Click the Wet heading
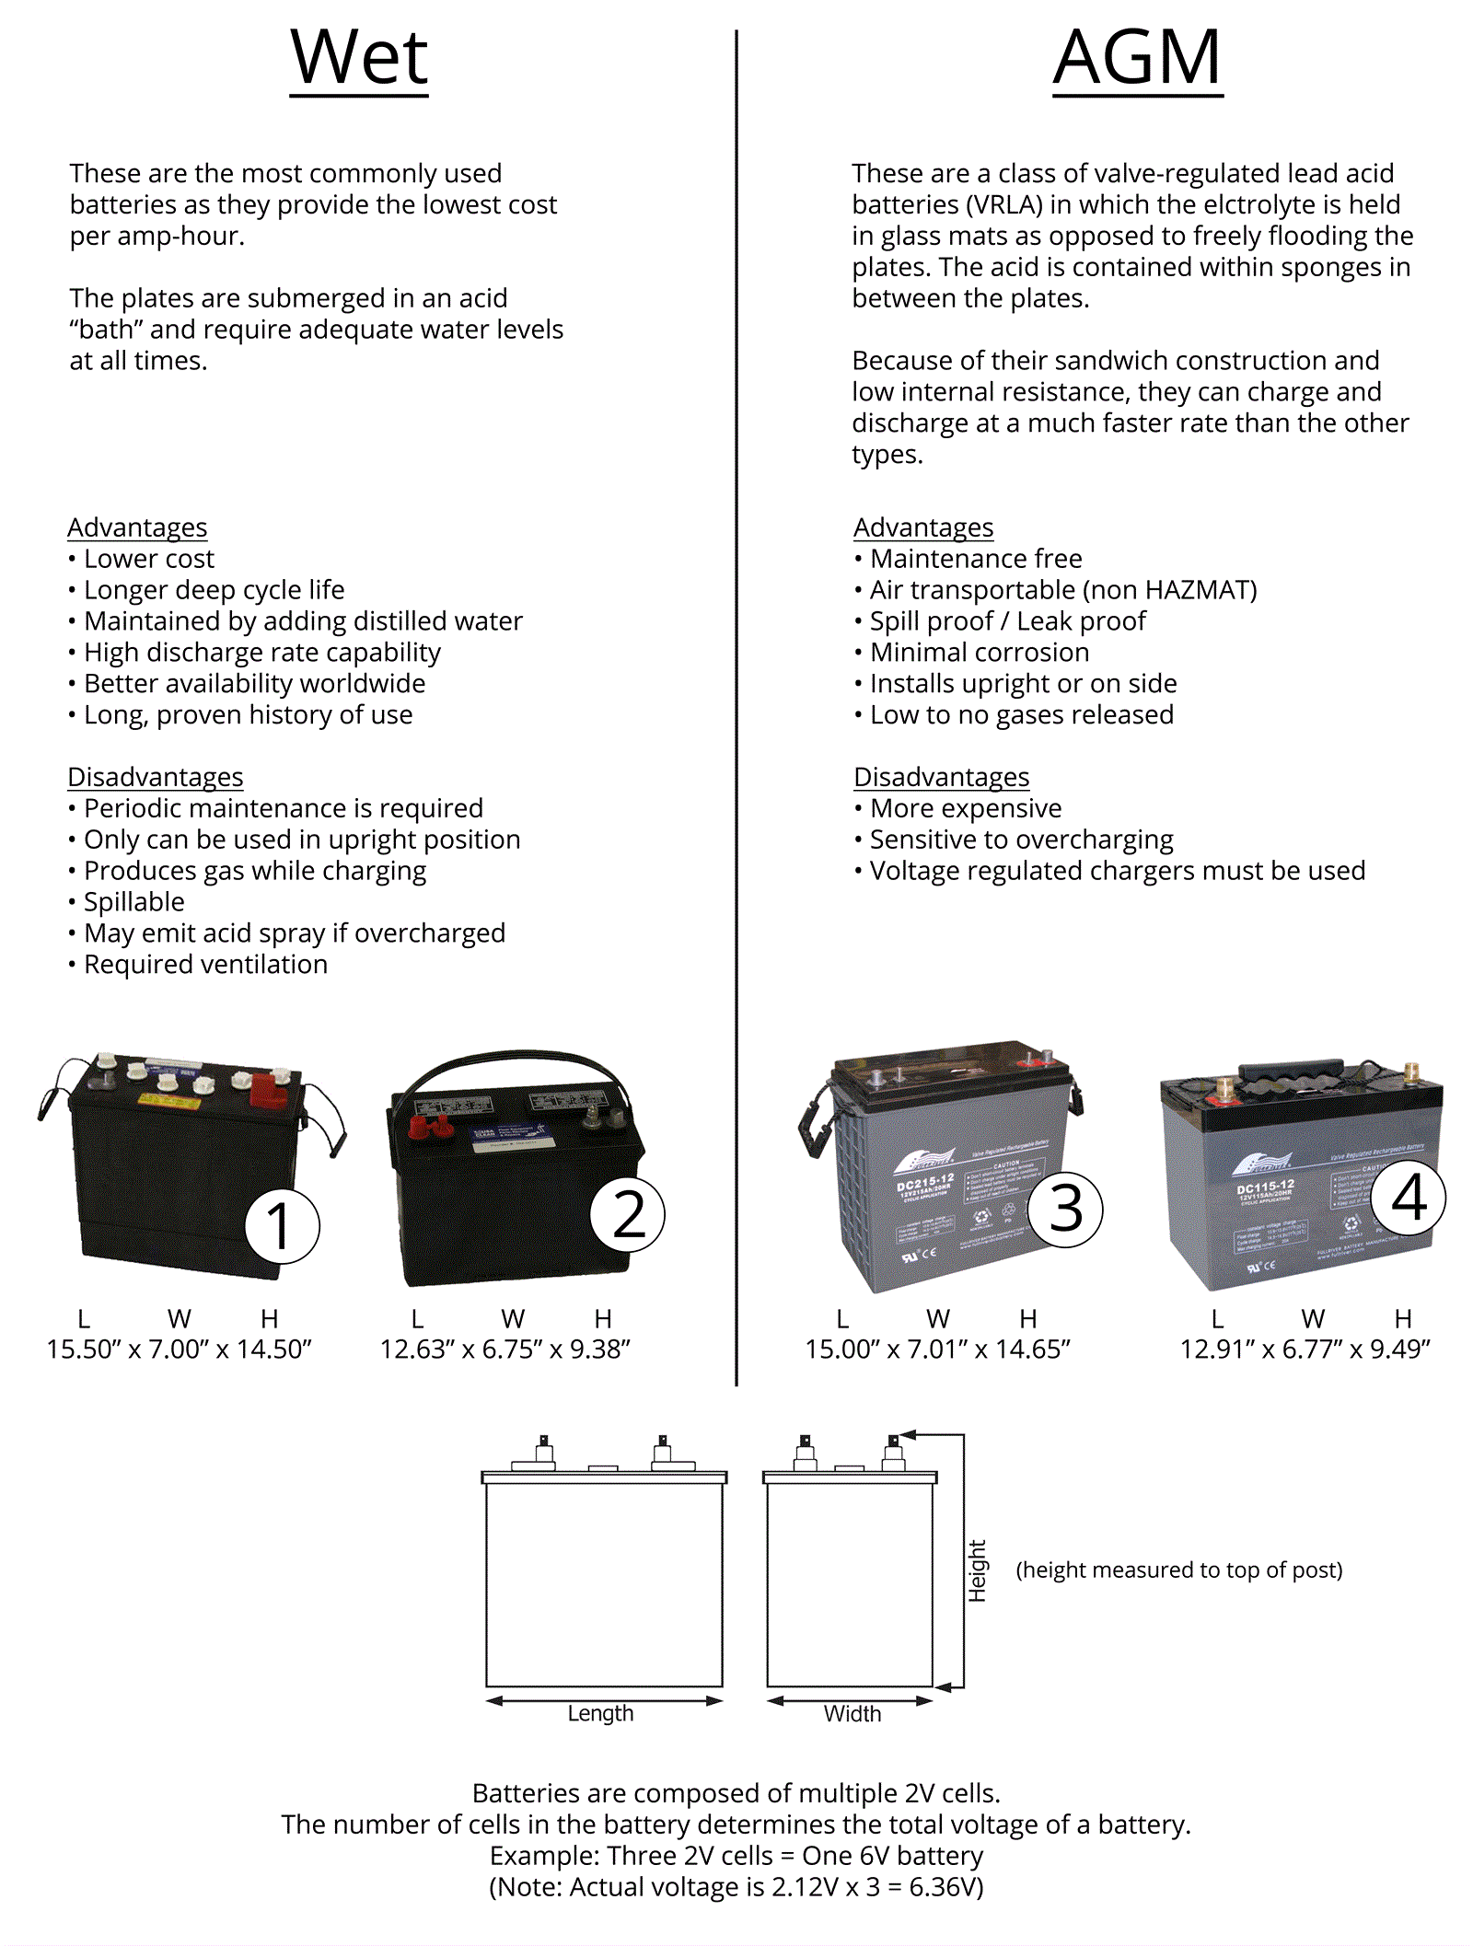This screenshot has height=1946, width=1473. (359, 58)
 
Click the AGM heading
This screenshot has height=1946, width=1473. (1137, 58)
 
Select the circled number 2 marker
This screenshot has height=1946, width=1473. (628, 1214)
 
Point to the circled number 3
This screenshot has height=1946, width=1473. (1065, 1209)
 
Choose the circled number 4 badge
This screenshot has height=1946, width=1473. (1408, 1198)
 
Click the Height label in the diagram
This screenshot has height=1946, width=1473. (977, 1570)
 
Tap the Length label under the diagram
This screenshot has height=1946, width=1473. (600, 1713)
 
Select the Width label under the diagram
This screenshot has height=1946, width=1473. (852, 1713)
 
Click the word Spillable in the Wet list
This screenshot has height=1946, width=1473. (133, 902)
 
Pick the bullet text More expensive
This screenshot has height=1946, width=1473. (965, 808)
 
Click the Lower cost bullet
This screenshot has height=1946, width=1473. (148, 559)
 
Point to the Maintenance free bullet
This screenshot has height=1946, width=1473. (975, 559)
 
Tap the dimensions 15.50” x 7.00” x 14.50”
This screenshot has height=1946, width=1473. (180, 1349)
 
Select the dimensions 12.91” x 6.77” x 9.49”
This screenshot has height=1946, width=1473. (1305, 1349)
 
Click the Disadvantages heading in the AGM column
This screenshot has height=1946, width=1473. (941, 777)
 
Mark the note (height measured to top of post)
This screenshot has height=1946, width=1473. (1178, 1570)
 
